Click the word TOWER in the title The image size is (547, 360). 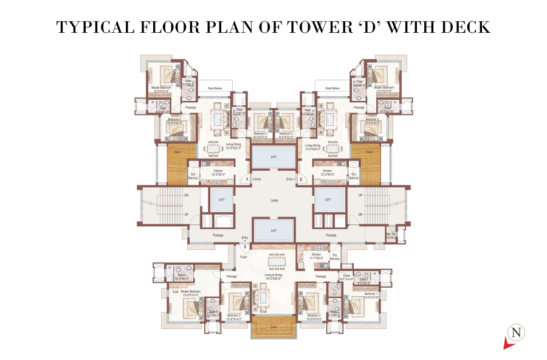click(315, 28)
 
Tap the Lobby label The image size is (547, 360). click(274, 200)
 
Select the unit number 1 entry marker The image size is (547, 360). click(247, 179)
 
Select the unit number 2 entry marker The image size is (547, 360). click(300, 179)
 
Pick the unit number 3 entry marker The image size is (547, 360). click(244, 247)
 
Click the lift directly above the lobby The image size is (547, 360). click(273, 159)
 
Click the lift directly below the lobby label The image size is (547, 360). click(273, 230)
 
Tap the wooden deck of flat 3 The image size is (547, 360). click(273, 328)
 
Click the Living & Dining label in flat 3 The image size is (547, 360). click(272, 275)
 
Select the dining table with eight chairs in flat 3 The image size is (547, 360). click(275, 259)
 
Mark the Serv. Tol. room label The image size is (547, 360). click(391, 235)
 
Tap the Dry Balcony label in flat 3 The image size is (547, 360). click(334, 257)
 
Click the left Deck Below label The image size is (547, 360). click(215, 88)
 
